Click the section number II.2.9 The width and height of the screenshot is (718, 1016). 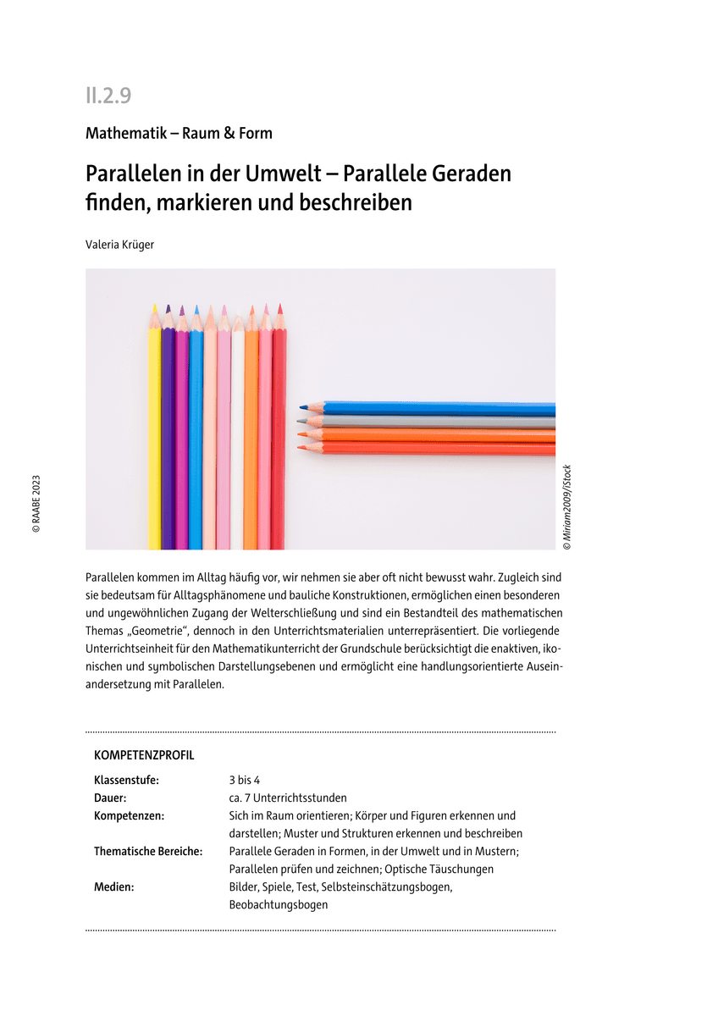(108, 96)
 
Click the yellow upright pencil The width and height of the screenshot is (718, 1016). (154, 432)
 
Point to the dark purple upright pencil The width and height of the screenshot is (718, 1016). (168, 432)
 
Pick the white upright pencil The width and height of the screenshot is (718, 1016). (237, 432)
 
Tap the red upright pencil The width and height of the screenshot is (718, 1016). (279, 432)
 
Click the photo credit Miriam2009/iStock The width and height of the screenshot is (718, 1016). (567, 508)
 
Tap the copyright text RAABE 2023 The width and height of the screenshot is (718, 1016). (36, 504)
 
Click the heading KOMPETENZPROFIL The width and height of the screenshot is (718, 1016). (144, 754)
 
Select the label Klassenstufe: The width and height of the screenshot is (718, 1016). (126, 780)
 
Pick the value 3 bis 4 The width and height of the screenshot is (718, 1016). (245, 780)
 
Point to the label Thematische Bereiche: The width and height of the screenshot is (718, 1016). (148, 851)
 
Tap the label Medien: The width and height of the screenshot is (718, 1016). (114, 886)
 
